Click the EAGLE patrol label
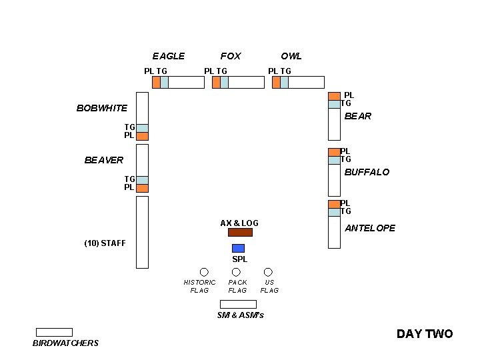168,56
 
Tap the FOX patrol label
231,56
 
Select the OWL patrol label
291,56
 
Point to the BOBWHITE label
101,108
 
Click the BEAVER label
103,160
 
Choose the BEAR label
358,116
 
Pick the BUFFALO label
367,172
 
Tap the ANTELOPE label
370,228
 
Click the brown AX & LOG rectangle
240,233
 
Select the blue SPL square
238,248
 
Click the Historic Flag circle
204,272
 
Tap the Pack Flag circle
235,272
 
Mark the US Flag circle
268,272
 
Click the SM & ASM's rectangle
238,304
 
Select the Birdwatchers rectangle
54,332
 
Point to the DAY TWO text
425,334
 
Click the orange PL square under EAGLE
156,82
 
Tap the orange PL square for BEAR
334,96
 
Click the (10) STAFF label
105,243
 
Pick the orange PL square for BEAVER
142,188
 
